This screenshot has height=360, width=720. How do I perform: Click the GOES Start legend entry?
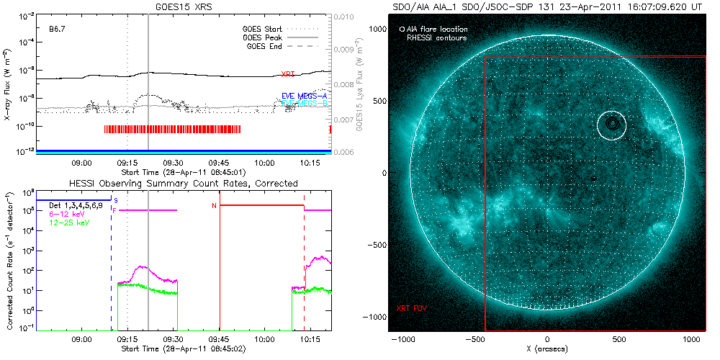264,29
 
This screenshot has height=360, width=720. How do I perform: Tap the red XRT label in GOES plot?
287,74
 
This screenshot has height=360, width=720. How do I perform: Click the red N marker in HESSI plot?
213,206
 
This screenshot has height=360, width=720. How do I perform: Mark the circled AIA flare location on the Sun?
612,124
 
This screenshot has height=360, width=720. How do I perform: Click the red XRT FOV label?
411,308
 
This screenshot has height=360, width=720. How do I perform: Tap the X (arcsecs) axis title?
548,349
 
